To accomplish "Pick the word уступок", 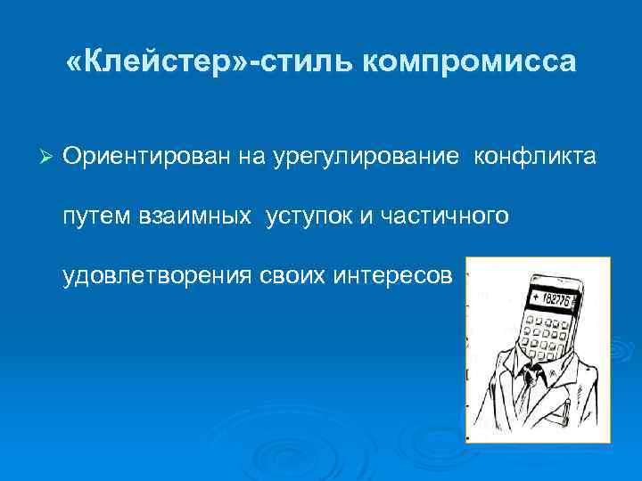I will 309,216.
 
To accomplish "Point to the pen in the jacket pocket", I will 567,411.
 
